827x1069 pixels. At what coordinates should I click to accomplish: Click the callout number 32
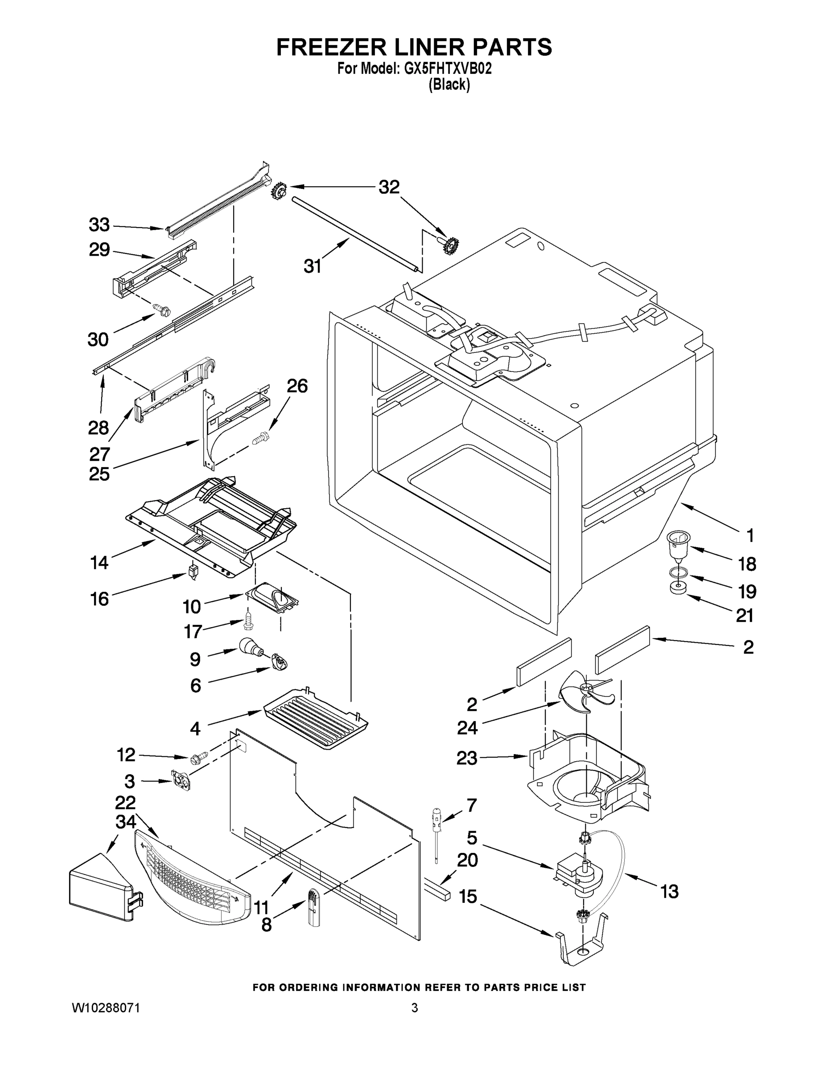(x=389, y=187)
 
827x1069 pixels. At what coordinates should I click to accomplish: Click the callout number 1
(x=749, y=535)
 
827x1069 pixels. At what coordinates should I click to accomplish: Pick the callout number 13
(x=669, y=891)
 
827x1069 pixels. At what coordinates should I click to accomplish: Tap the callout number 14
(x=99, y=563)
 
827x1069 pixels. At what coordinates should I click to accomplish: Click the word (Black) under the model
(x=449, y=85)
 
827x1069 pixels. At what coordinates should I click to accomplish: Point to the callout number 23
(x=466, y=758)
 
